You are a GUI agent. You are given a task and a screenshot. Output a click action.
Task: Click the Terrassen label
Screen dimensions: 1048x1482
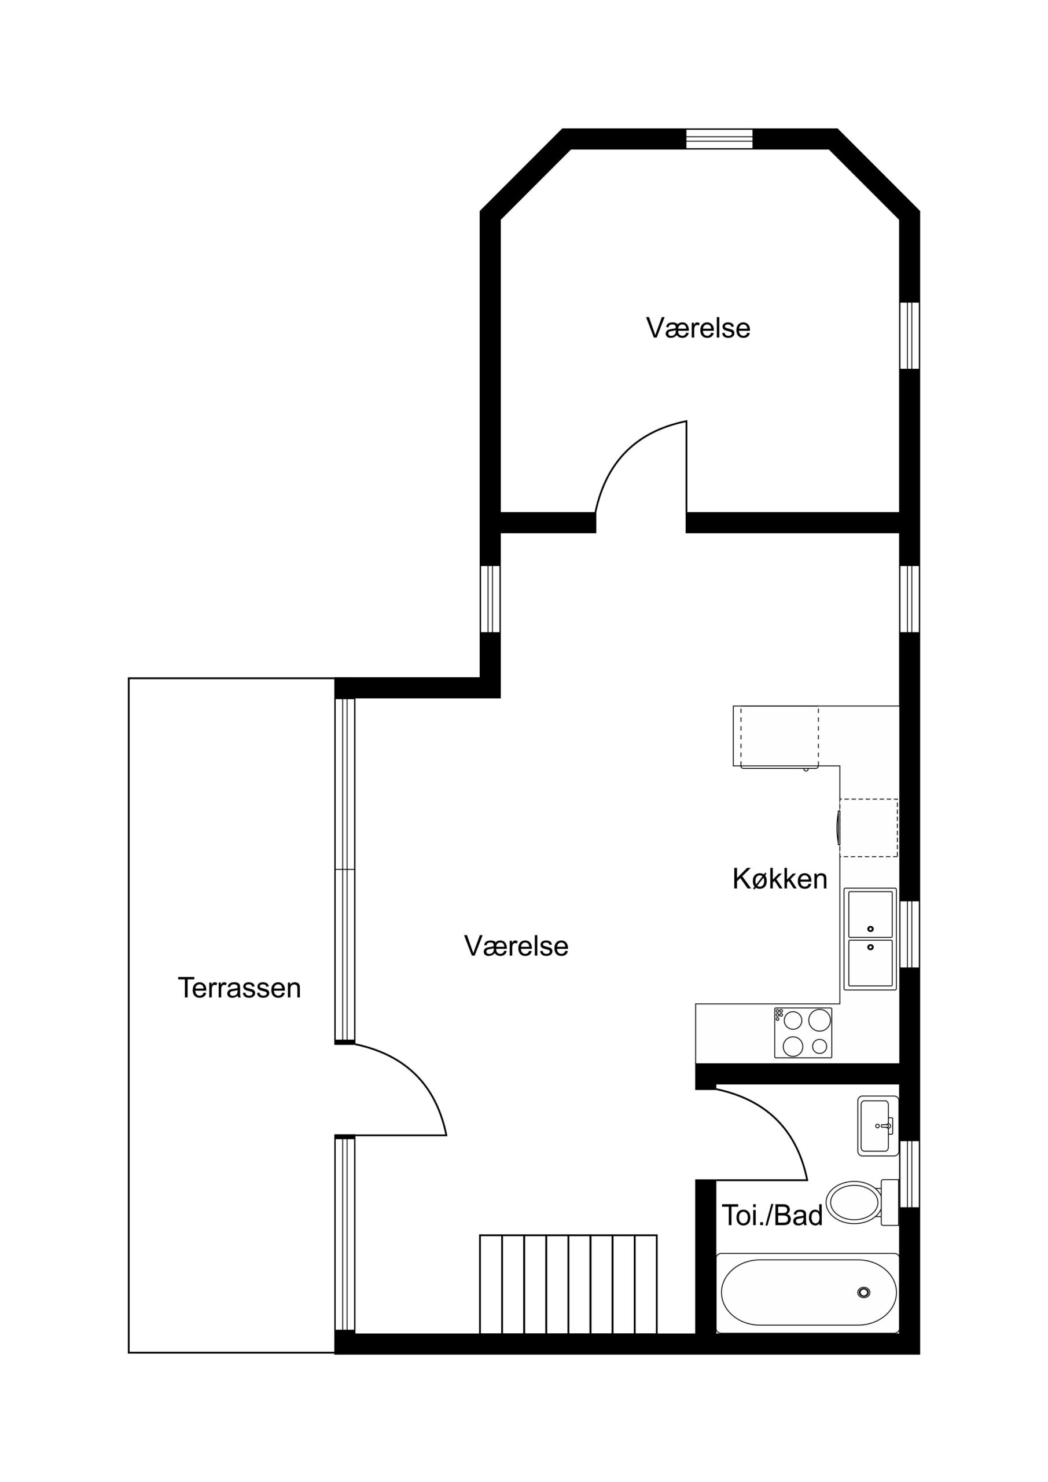[240, 988]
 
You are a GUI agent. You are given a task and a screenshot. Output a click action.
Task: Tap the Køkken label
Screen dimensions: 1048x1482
[779, 879]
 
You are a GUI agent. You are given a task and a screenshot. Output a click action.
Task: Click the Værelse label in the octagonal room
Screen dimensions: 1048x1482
[698, 328]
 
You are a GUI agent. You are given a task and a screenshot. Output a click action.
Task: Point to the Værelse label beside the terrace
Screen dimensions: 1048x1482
[516, 947]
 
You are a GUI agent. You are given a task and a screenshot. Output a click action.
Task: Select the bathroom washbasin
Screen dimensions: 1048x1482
[878, 1126]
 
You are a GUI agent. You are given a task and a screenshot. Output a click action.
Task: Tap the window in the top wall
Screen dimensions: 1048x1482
[719, 140]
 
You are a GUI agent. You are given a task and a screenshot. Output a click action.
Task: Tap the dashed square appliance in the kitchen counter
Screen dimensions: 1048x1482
[869, 828]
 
